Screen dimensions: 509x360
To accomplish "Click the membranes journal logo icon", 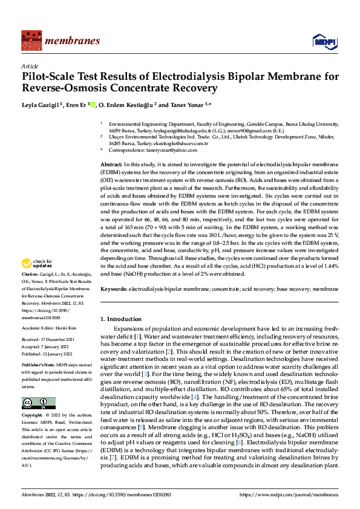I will [30, 40].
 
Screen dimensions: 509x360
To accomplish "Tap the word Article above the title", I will [30, 66].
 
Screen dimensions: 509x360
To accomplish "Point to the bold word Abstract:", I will [111, 164].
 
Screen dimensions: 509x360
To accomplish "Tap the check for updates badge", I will [37, 264].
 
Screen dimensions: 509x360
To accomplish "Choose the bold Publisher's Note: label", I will [39, 366].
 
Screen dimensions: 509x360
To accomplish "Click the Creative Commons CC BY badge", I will [38, 403].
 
